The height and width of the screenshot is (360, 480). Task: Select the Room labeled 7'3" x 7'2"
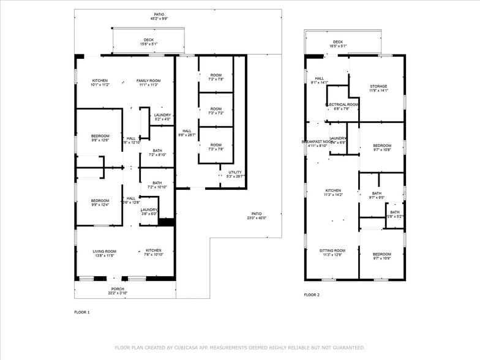point(216,111)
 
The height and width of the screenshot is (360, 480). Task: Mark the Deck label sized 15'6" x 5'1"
point(149,41)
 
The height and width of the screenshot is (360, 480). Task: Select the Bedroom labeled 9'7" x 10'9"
point(381,256)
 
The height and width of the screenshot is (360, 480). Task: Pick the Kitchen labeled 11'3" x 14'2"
point(333,192)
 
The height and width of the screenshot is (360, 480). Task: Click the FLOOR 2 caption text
point(312,295)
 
